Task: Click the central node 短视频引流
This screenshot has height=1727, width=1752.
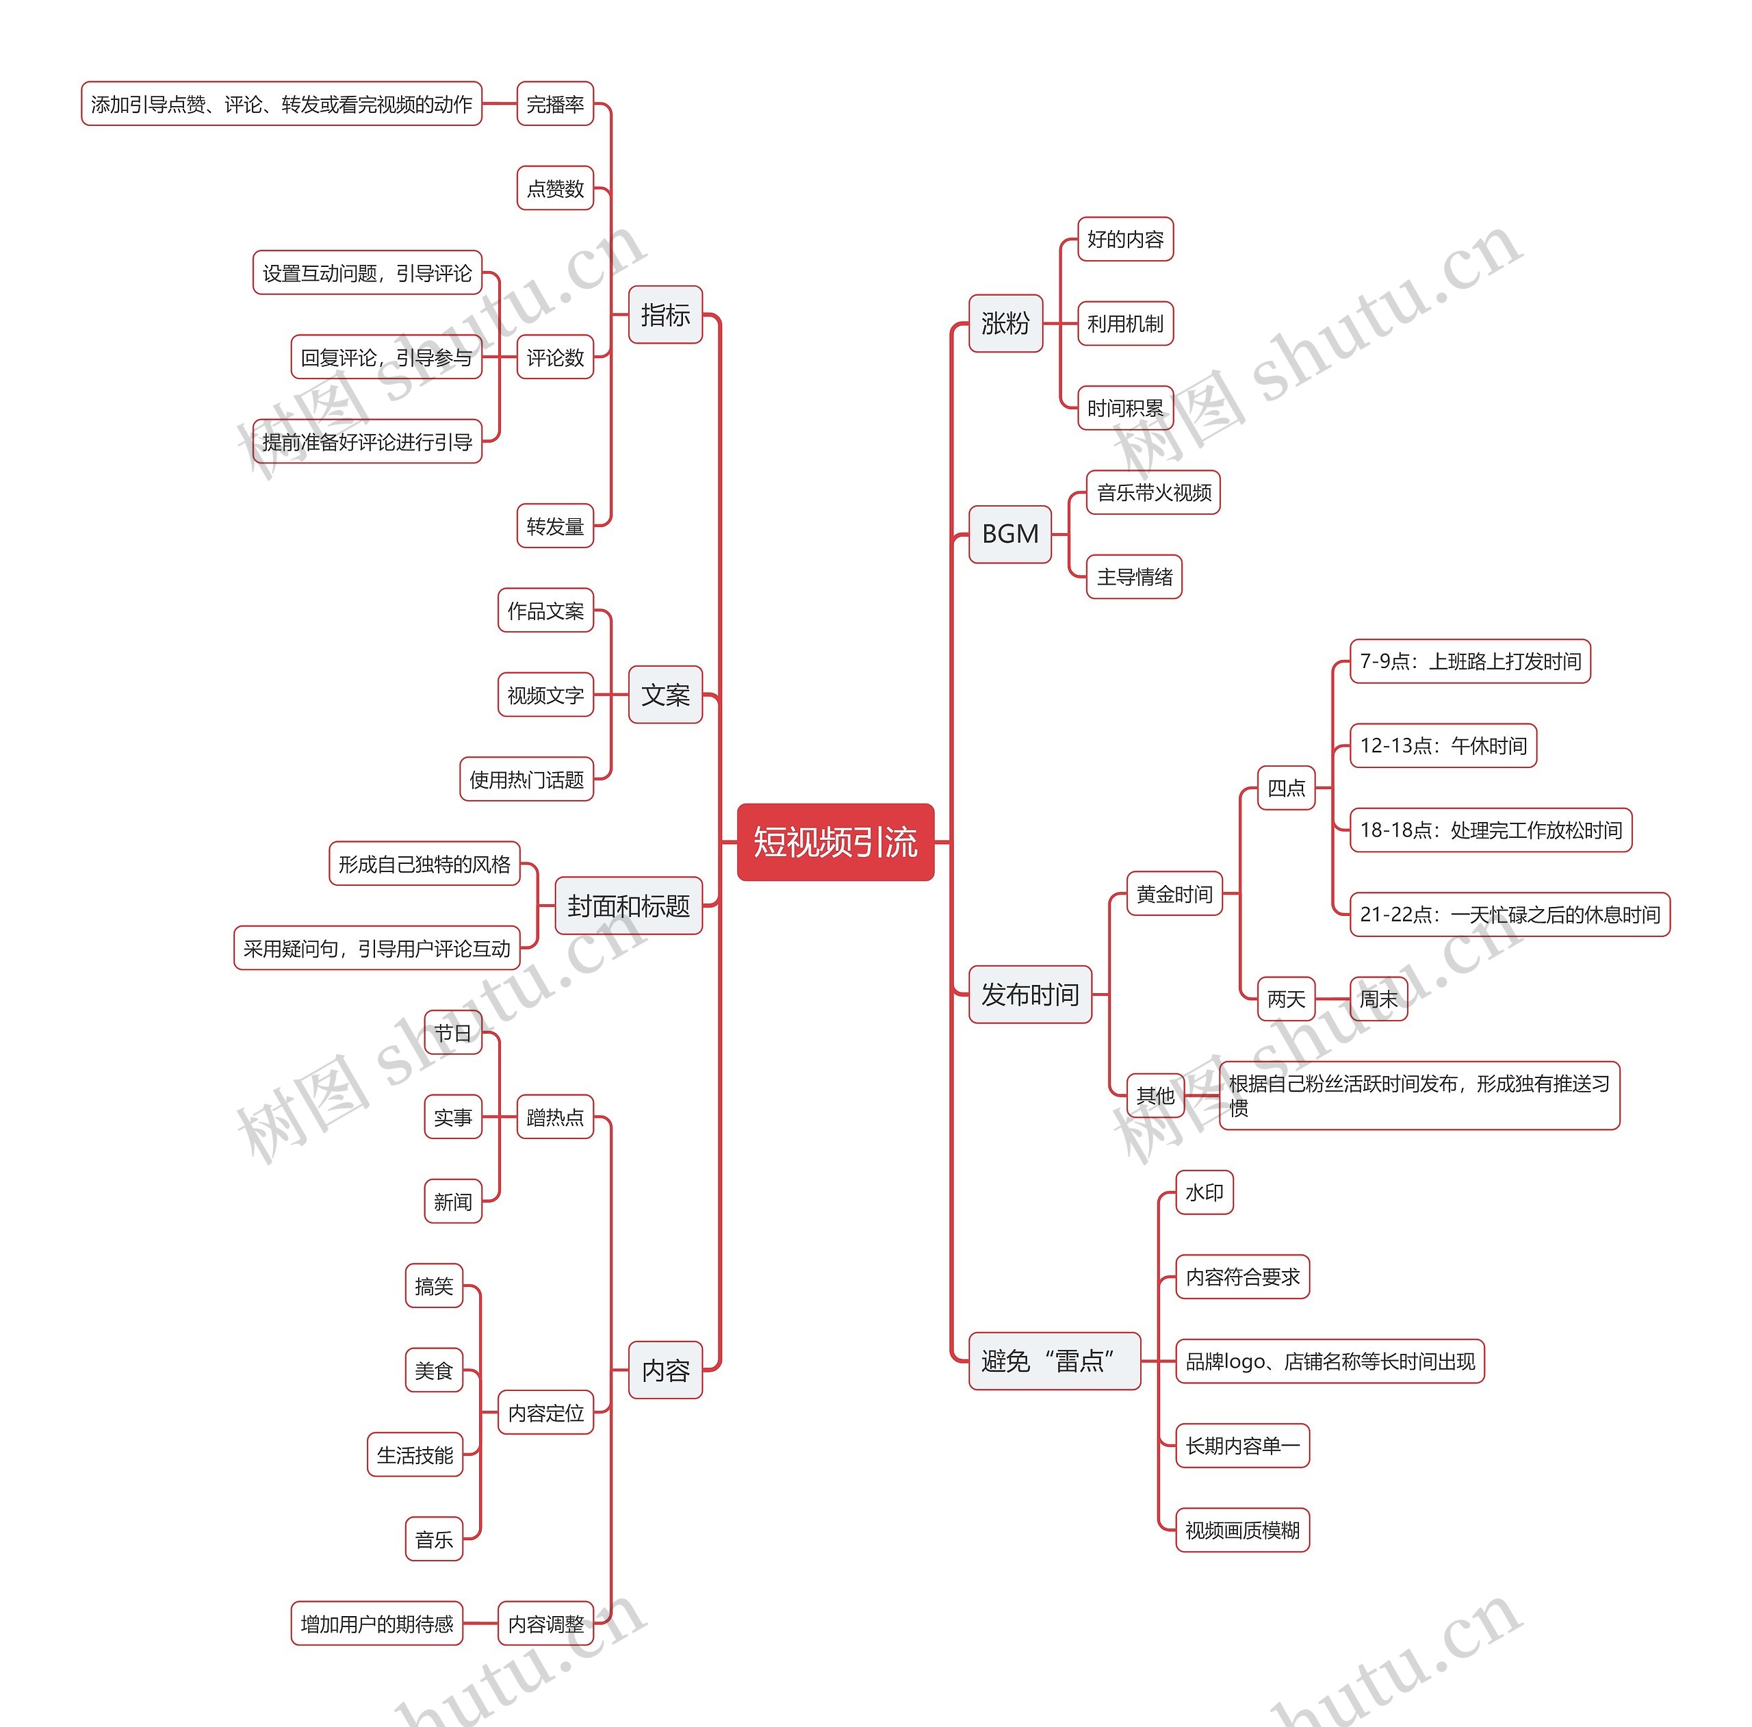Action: click(835, 842)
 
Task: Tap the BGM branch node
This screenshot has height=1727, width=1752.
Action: click(1009, 534)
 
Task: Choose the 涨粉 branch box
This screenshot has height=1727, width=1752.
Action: click(1005, 323)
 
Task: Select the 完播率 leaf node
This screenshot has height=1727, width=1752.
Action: click(555, 104)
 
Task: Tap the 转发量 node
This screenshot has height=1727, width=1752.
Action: click(555, 526)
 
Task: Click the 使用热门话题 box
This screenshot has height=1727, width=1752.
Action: click(526, 779)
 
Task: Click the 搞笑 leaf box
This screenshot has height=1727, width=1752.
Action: click(433, 1285)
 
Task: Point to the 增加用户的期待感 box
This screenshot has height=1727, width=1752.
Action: click(376, 1623)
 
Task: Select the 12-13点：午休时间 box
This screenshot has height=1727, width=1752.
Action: click(1443, 745)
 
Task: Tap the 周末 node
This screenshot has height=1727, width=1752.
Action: click(1378, 999)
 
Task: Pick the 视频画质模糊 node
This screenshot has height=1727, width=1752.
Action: click(1241, 1530)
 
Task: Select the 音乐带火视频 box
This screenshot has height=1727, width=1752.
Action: click(1152, 493)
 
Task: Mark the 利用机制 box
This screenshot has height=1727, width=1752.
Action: click(1124, 324)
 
